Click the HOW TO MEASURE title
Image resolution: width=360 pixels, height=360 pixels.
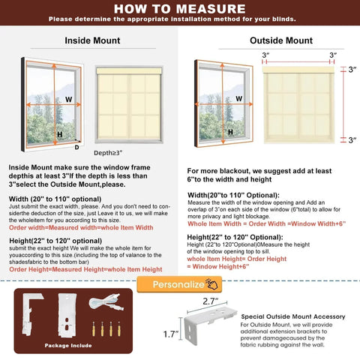179,8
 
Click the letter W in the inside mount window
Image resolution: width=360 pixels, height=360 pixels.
68,99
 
